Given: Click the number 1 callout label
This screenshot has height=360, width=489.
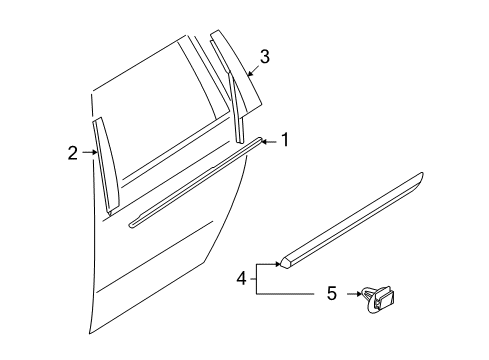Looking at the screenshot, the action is click(284, 141).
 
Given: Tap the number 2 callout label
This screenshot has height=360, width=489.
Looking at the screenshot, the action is click(72, 153).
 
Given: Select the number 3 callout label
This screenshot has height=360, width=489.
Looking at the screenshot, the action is click(263, 57).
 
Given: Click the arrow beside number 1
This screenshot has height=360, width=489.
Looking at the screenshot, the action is click(268, 141).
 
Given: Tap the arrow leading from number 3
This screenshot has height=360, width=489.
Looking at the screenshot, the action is click(250, 69).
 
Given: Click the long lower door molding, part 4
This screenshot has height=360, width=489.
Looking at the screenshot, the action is click(350, 226).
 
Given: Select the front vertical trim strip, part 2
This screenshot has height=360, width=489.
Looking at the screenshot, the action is click(106, 165).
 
